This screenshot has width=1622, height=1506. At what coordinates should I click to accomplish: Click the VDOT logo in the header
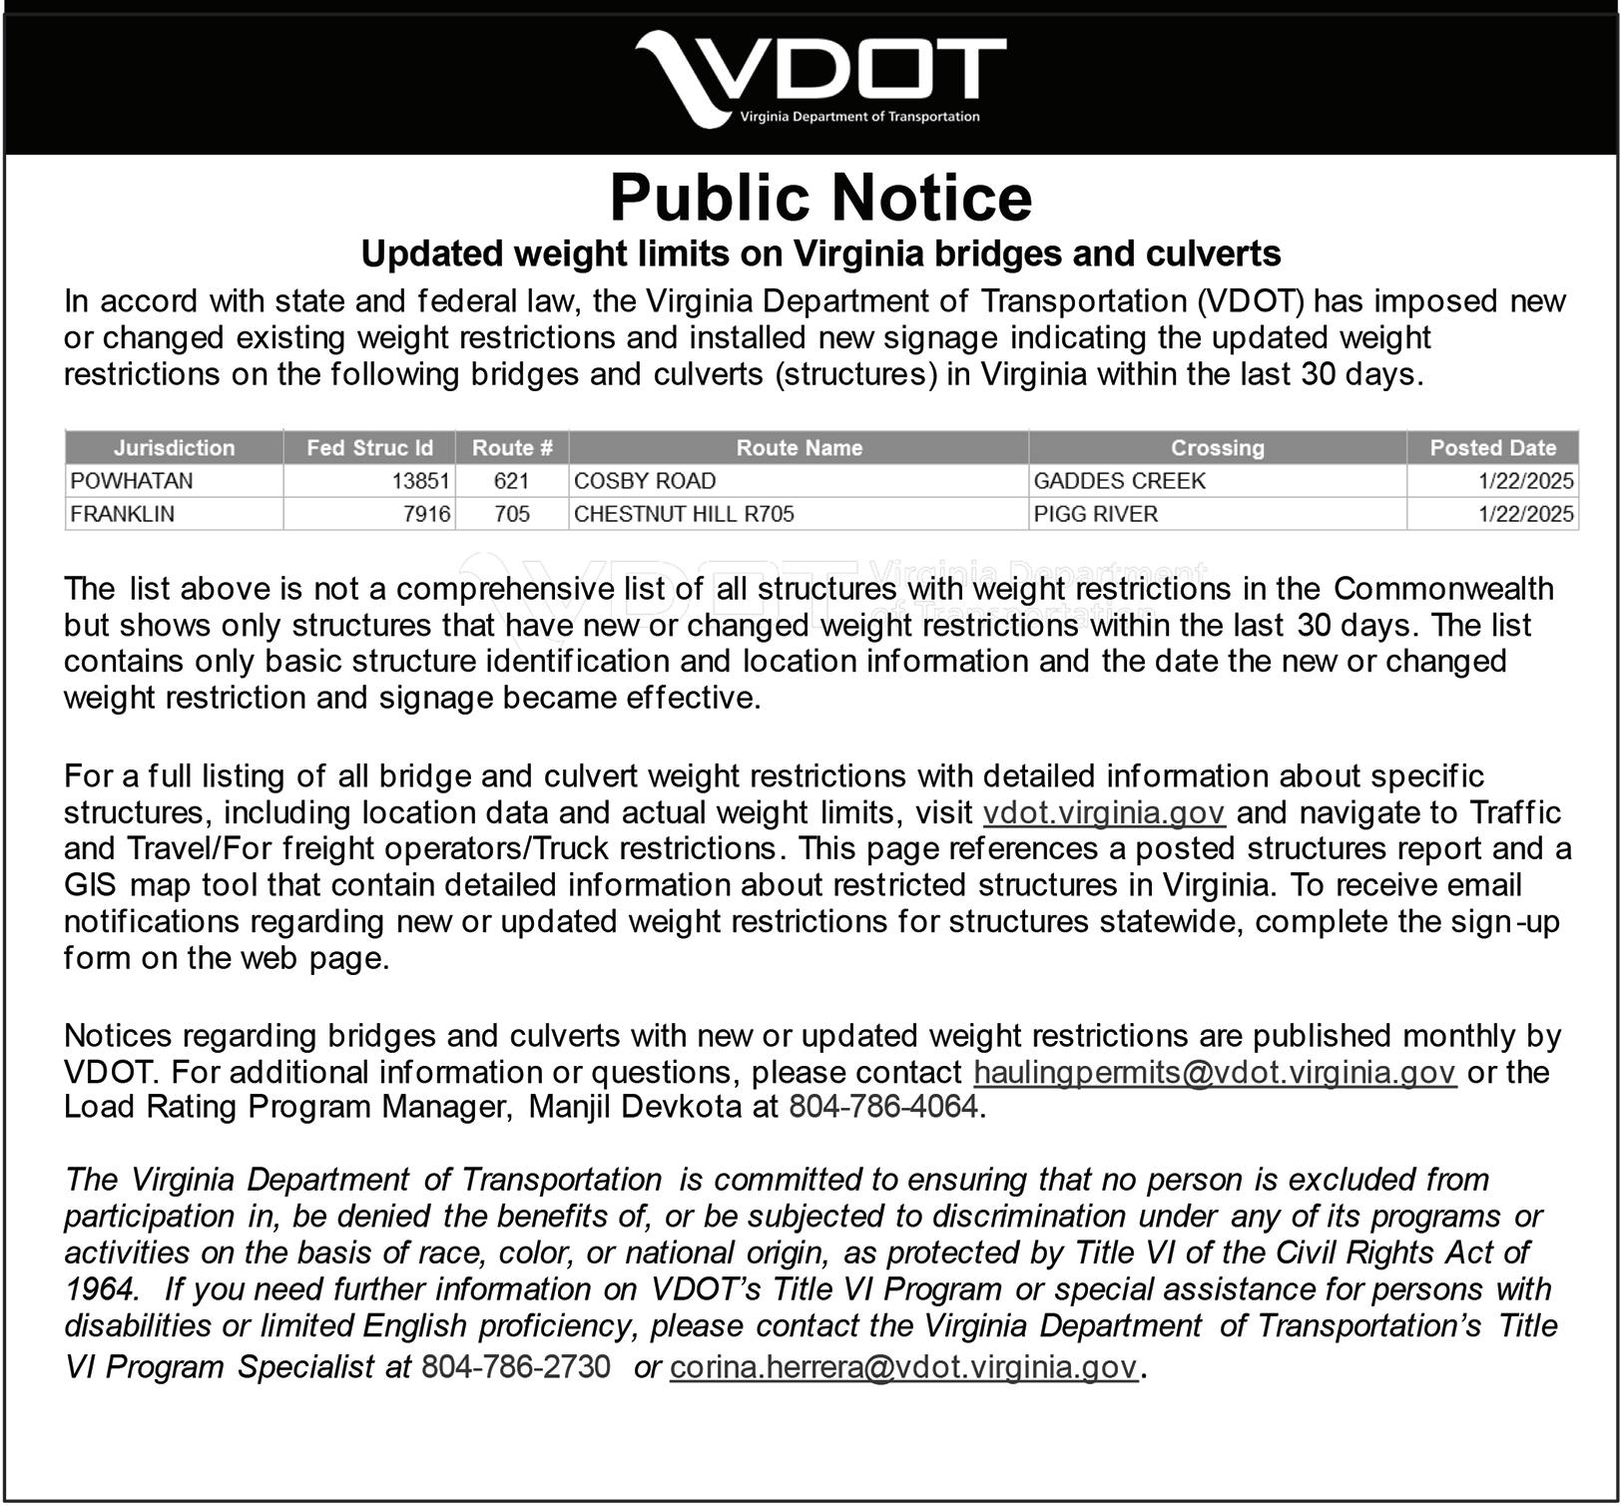pos(819,79)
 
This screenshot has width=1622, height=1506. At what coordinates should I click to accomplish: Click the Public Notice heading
pos(820,197)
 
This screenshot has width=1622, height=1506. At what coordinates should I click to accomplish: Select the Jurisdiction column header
pos(174,448)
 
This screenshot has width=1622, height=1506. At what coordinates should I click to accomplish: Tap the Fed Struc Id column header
pos(369,448)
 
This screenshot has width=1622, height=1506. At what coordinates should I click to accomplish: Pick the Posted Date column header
pos(1492,448)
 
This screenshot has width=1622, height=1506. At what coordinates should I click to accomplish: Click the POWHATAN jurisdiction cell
pos(132,481)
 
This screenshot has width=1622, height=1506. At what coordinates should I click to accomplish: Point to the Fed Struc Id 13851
pos(420,481)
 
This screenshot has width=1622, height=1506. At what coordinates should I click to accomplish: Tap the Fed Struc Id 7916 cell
pos(428,514)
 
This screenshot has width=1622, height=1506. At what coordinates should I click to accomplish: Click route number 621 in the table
pos(511,481)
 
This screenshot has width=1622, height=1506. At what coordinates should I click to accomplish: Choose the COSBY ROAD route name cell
pos(645,481)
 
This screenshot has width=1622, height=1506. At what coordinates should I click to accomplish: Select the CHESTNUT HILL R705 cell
pos(684,514)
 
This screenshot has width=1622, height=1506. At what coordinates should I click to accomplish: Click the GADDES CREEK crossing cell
pos(1119,481)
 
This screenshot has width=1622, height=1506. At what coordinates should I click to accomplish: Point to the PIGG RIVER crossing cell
pos(1095,514)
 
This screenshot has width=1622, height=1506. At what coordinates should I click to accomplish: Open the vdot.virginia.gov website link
pos(1104,813)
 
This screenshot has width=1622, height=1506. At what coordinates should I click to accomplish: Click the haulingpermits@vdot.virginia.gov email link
pos(1215,1073)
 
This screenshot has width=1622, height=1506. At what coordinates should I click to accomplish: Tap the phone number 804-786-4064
pos(882,1107)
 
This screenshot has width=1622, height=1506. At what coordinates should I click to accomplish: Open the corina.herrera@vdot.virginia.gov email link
pos(902,1367)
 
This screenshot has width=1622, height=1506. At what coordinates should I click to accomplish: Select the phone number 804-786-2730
pos(515,1367)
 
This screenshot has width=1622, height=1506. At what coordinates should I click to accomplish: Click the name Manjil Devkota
pos(634,1107)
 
